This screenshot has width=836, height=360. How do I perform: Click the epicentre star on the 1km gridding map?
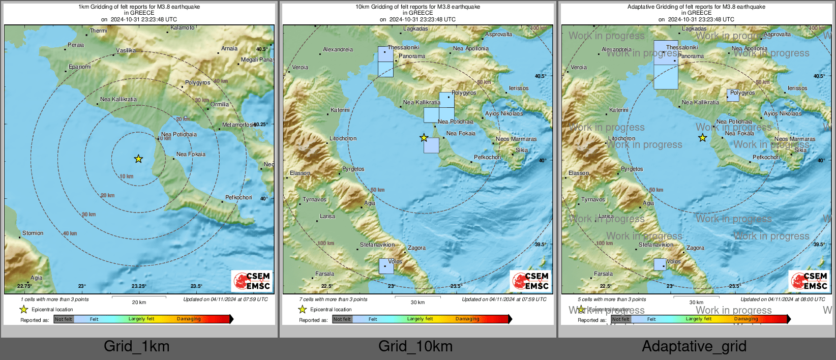[x=138, y=159]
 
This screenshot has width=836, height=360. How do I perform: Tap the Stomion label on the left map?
[x=33, y=233]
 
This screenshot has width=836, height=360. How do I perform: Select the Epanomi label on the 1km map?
[x=80, y=67]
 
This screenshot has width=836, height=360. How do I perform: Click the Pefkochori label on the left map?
[x=238, y=197]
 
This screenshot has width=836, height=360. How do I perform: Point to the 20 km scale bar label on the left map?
[x=139, y=302]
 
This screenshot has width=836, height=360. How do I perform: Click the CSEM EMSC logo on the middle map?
[x=531, y=281]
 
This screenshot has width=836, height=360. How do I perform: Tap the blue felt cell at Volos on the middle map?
[x=386, y=266]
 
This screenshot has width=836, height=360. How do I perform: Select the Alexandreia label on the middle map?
[x=338, y=49]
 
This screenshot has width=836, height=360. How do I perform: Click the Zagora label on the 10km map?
[x=416, y=248]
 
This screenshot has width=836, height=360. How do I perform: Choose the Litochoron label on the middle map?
[x=343, y=138]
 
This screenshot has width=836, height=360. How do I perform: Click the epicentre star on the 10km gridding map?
[x=424, y=138]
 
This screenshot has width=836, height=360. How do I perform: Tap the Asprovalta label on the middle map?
[x=498, y=34]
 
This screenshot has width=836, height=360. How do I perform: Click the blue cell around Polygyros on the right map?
[x=733, y=95]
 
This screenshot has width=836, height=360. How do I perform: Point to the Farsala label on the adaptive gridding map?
[x=603, y=274]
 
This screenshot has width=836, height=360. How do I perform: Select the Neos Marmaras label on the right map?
[x=794, y=139]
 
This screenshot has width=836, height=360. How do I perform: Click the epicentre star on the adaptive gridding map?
[x=702, y=138]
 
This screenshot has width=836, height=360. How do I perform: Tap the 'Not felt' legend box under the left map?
[x=64, y=319]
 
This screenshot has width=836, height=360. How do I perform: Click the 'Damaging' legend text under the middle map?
[x=467, y=319]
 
